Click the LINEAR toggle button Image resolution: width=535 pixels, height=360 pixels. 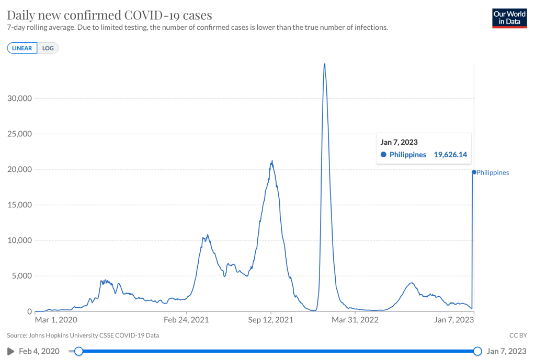tap(22, 48)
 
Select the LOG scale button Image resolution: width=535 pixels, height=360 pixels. tap(48, 48)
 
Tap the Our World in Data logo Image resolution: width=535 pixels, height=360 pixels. tap(509, 17)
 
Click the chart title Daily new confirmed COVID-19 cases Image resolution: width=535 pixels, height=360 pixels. tap(109, 14)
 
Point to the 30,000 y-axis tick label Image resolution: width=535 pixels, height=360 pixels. tap(19, 98)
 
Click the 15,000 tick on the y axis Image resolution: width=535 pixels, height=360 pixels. tap(19, 205)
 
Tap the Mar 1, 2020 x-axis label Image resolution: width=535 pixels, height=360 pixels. tap(56, 319)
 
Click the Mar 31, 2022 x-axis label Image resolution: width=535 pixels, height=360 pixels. tap(355, 319)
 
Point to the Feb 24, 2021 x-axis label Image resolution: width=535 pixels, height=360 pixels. tap(187, 319)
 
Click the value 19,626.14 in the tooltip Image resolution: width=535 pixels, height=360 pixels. tap(450, 155)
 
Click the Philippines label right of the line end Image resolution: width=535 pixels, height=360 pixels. tap(493, 172)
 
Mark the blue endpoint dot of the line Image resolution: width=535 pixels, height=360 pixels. tap(474, 172)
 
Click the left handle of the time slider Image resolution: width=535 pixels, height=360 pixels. tap(78, 351)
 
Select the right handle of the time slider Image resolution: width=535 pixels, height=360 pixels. tap(477, 351)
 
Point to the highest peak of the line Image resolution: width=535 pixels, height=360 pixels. tap(325, 64)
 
